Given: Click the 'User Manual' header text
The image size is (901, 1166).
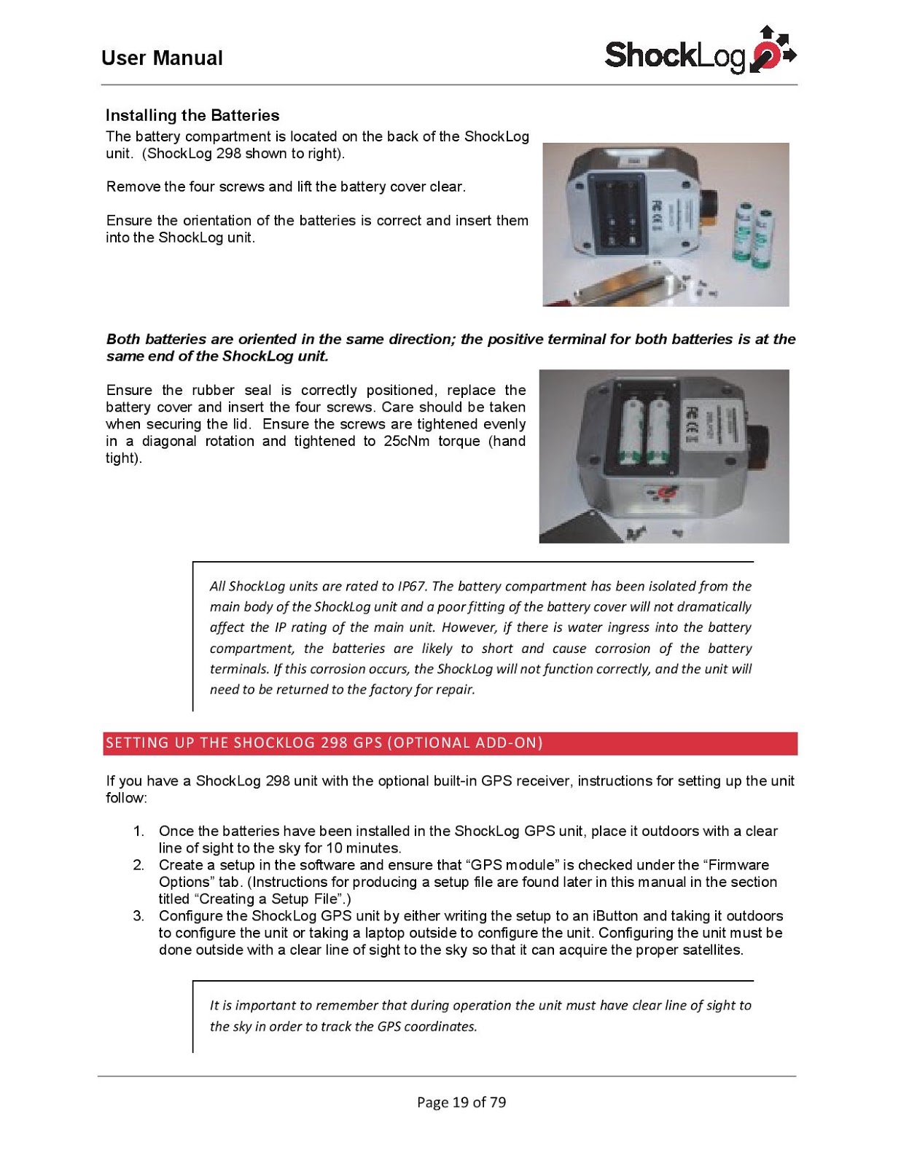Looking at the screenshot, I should point(162,58).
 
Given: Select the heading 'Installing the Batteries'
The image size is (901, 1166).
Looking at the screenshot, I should point(192,115).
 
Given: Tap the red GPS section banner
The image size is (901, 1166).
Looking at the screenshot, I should point(450,743).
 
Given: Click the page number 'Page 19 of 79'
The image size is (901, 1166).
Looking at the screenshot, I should point(461,1102).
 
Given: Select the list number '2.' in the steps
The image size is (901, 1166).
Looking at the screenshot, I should point(139,865).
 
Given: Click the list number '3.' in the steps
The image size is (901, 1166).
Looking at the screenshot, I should point(139,916).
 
